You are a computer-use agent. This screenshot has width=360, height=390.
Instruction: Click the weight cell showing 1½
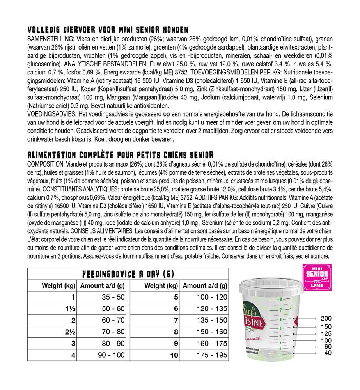pos(71,309)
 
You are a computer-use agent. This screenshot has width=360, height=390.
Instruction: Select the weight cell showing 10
pos(174,355)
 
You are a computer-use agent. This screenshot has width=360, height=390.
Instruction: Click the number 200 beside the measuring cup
pos(326,319)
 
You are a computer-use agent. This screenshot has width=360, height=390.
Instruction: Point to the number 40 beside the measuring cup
pos(328,353)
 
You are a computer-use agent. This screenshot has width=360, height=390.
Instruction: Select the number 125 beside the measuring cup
pos(326,334)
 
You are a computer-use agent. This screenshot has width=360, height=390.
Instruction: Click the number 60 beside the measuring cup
pos(328,347)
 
